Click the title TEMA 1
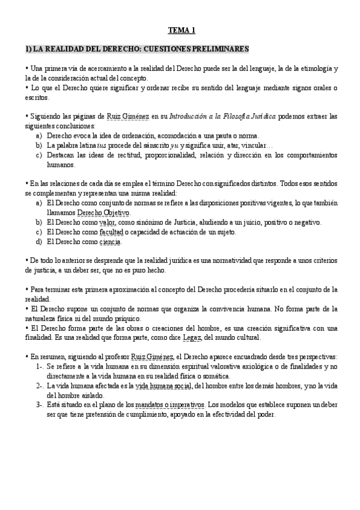pyautogui.click(x=181, y=29)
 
